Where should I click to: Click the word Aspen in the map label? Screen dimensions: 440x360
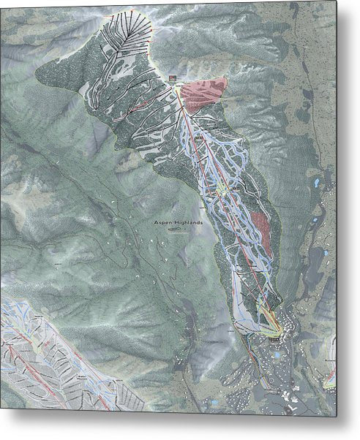tap(165, 221)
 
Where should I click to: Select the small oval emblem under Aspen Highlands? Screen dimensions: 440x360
tap(175, 230)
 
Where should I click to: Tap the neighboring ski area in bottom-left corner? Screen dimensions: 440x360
tap(51, 358)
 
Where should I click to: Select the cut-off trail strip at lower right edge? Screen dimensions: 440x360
tap(331, 376)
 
